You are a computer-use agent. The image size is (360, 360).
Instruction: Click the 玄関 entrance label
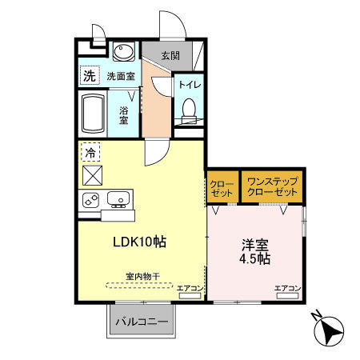click(170, 56)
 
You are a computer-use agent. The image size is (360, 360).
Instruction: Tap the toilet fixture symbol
click(189, 109)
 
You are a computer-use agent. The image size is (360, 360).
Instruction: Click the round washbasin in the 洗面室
click(123, 54)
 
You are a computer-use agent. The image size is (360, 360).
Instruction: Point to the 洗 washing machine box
click(89, 76)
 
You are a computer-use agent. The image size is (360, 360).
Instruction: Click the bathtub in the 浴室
click(94, 114)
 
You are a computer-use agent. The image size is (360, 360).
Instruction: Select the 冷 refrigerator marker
click(90, 151)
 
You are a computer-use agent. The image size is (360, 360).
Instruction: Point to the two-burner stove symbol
click(90, 198)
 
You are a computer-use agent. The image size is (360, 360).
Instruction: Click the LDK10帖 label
click(139, 241)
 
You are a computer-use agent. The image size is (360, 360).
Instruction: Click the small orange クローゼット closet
click(222, 189)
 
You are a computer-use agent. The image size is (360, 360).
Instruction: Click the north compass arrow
click(330, 329)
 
